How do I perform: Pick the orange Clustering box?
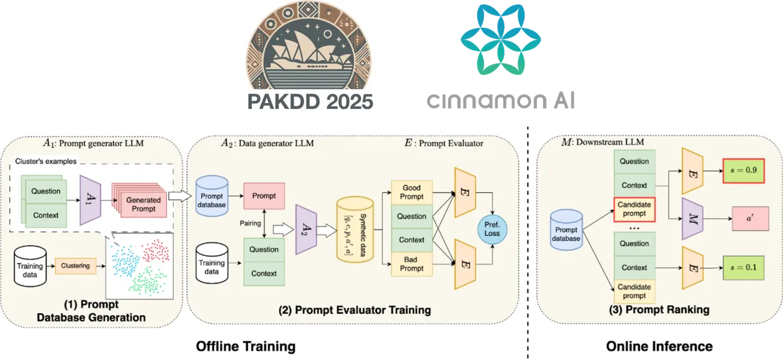tap(75, 265)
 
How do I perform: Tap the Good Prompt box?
tap(412, 192)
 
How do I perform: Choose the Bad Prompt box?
tap(412, 263)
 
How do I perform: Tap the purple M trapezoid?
tap(690, 218)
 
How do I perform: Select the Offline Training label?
tap(245, 346)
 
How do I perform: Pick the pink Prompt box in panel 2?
tap(263, 196)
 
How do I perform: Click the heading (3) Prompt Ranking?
tap(658, 310)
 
